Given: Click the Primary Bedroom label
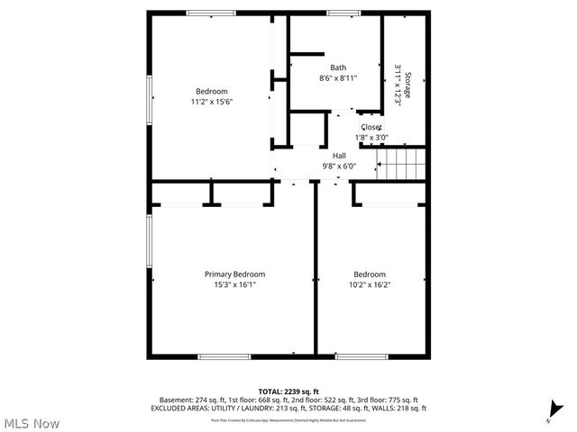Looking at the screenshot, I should tap(234, 274).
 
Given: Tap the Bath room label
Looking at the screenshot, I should tap(337, 67).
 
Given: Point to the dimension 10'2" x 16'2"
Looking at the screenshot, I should tap(370, 285).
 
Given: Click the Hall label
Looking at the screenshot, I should tap(339, 156).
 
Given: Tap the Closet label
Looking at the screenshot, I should tap(371, 128).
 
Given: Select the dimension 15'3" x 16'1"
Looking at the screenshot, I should tap(234, 285).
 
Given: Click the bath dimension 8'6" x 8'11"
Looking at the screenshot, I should tap(338, 78).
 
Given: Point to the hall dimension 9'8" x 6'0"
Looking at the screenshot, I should tap(339, 166).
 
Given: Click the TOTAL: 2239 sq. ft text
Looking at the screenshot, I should tap(288, 391).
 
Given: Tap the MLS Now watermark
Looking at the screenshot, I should tap(32, 422).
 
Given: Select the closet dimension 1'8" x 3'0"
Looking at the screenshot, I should tap(371, 138).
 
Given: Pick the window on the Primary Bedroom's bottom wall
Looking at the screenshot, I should tap(224, 356).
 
